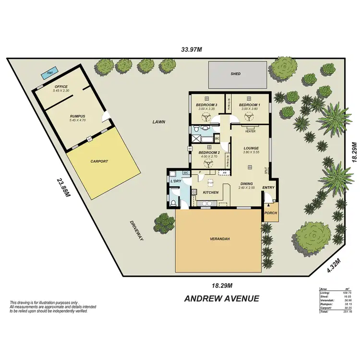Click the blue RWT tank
pos(47,74)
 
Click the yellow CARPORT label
pos(99,162)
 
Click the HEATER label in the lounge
pos(250,131)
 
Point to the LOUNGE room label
pos(251,148)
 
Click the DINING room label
pos(247,183)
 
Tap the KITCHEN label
pos(211,192)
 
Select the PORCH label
pos(271,213)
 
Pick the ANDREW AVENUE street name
pos(222,299)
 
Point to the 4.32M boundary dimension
pos(334,265)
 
